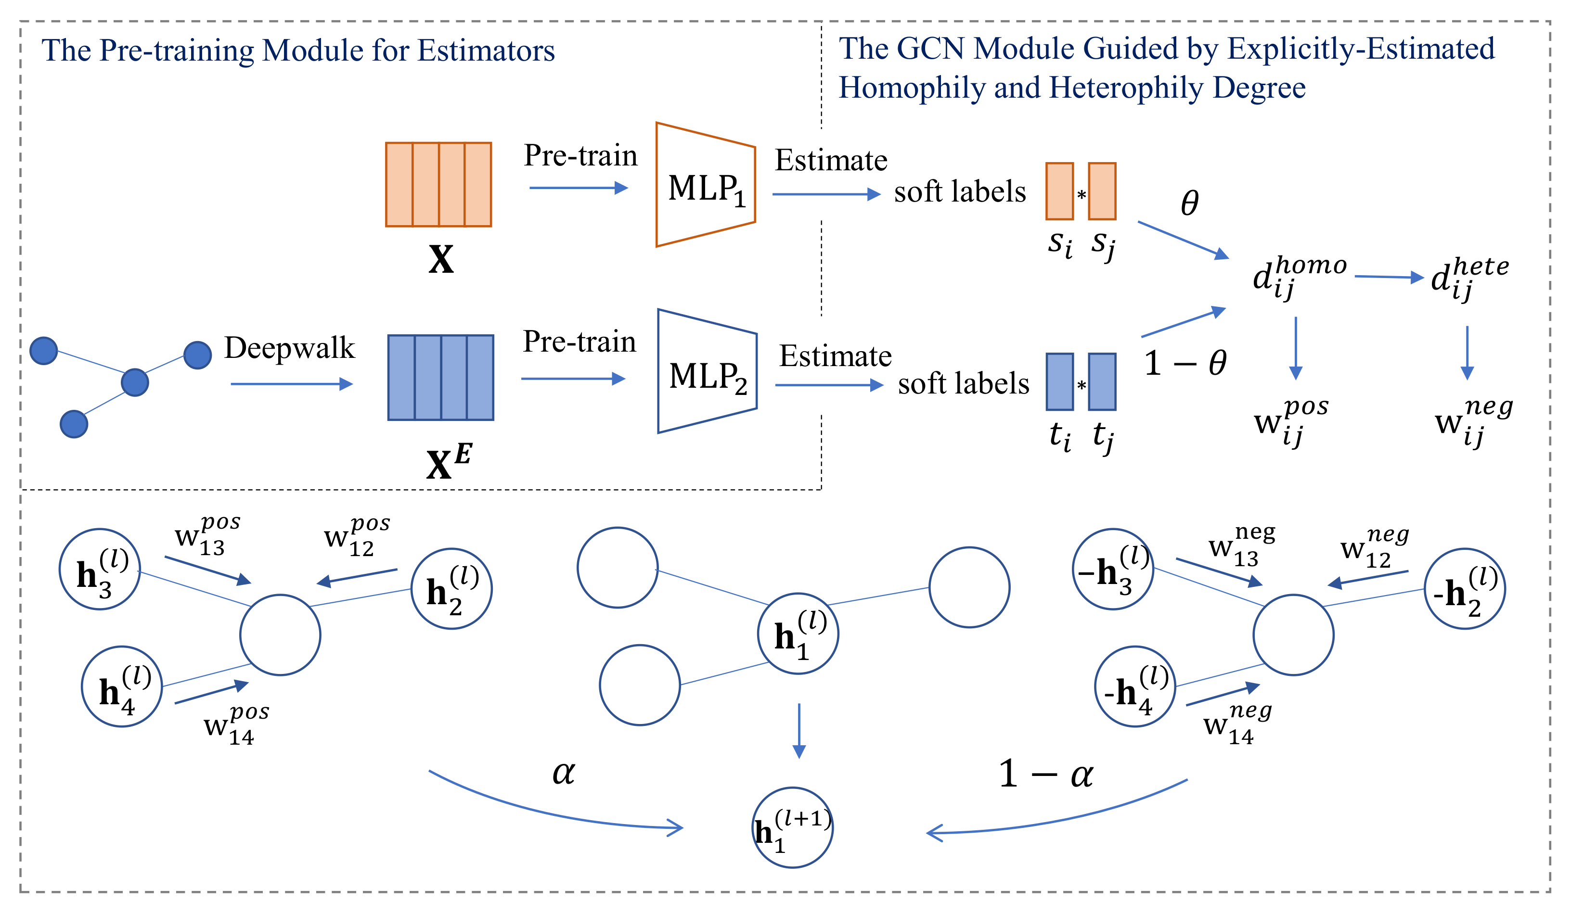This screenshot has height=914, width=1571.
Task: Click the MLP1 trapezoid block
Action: point(706,185)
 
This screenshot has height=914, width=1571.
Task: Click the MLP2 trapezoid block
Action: point(708,371)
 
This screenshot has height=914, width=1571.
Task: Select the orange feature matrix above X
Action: point(438,184)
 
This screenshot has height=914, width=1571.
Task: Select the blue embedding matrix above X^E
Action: point(441,378)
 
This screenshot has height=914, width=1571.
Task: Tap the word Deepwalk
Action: point(289,348)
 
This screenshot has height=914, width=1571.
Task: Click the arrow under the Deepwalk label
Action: point(292,384)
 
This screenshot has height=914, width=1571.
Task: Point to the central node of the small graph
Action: point(135,382)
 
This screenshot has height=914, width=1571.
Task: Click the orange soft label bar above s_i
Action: point(1059,191)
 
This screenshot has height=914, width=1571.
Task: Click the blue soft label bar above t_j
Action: point(1102,382)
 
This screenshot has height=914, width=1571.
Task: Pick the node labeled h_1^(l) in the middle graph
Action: point(798,634)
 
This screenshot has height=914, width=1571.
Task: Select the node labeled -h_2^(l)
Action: point(1465,589)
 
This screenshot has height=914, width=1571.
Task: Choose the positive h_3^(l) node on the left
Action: point(100,569)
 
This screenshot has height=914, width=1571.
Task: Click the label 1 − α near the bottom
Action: point(1045,774)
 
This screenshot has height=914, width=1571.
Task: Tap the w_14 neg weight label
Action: point(1236,724)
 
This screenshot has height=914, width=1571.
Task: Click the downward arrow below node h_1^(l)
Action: point(798,730)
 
